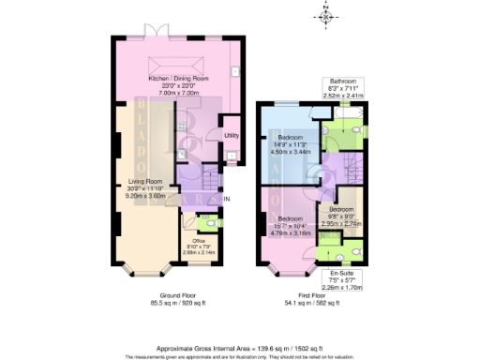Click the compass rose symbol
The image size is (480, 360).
324,16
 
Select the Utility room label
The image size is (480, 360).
231,136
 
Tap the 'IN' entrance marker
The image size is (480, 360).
227,199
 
